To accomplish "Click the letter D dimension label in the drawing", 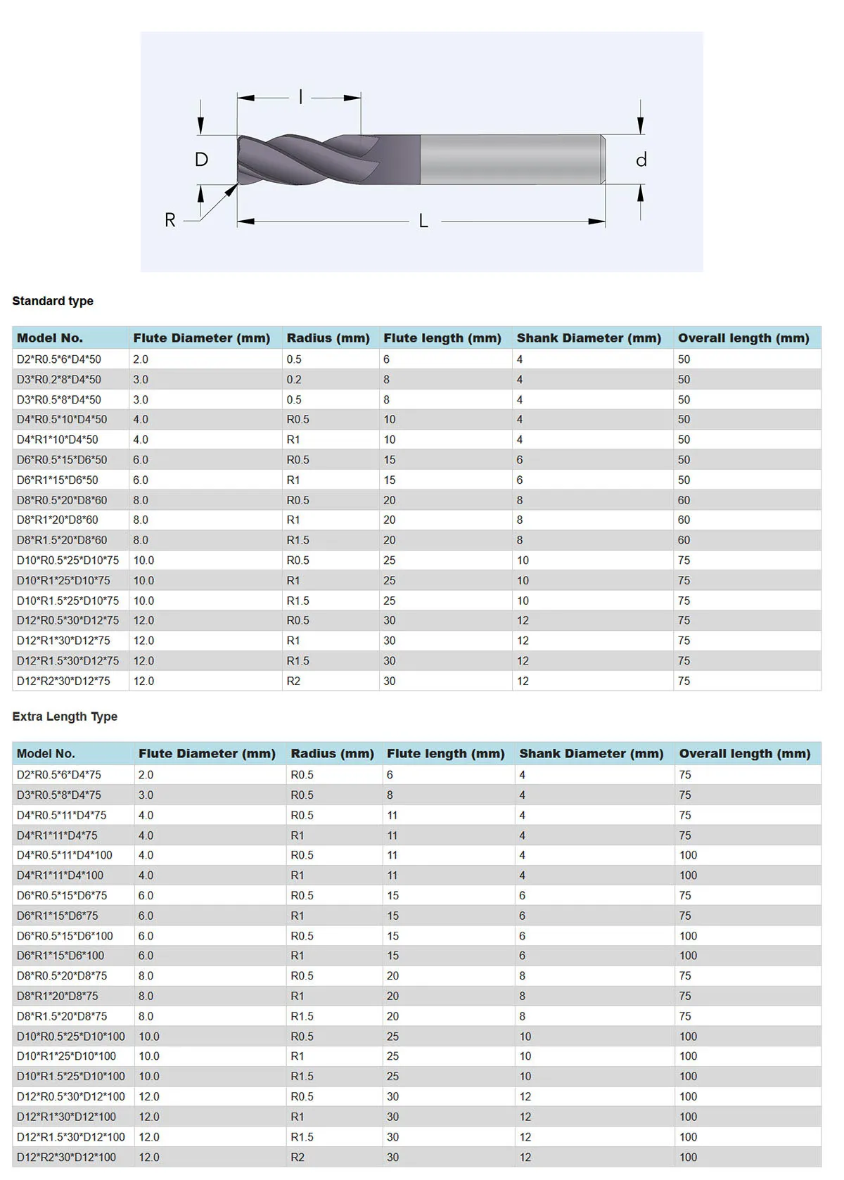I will click(x=201, y=160).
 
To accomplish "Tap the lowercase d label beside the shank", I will click(x=641, y=160).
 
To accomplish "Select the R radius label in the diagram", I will click(x=170, y=220).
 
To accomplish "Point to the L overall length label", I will click(x=423, y=221).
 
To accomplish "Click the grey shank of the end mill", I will click(x=510, y=160).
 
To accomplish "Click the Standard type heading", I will click(x=53, y=301).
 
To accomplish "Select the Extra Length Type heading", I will click(x=65, y=717).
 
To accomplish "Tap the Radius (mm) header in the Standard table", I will click(x=328, y=338).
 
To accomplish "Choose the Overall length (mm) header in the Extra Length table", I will click(x=744, y=754).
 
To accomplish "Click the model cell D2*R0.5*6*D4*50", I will click(x=59, y=359).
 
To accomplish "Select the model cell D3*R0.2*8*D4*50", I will click(x=59, y=380).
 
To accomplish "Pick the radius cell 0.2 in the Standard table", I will click(x=294, y=380).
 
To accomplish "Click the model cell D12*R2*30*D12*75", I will click(x=63, y=681).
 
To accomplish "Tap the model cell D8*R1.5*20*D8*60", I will click(x=62, y=541).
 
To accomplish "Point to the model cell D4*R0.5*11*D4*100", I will click(x=65, y=856).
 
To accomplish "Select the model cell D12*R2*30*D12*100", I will click(x=66, y=1157).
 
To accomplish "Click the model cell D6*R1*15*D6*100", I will click(x=60, y=956).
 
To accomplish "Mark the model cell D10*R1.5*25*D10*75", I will click(x=68, y=601).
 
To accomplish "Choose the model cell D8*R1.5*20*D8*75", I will click(x=62, y=1017).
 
